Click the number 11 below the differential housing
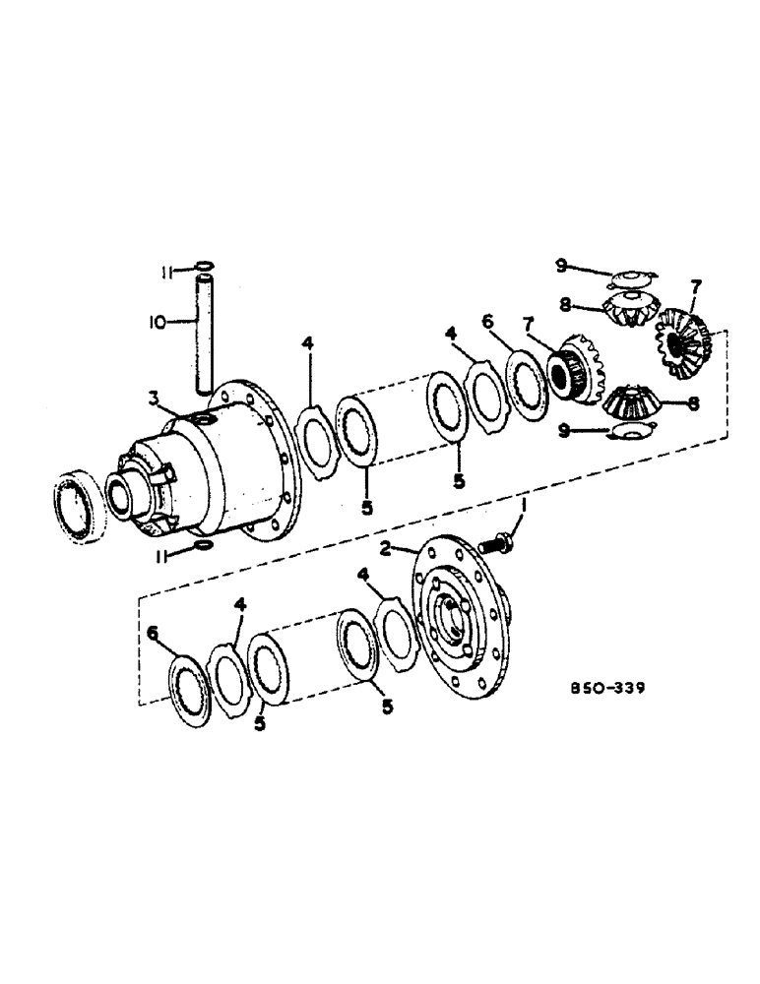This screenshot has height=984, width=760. click(x=166, y=555)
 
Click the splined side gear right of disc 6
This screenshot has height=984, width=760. click(x=572, y=375)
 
